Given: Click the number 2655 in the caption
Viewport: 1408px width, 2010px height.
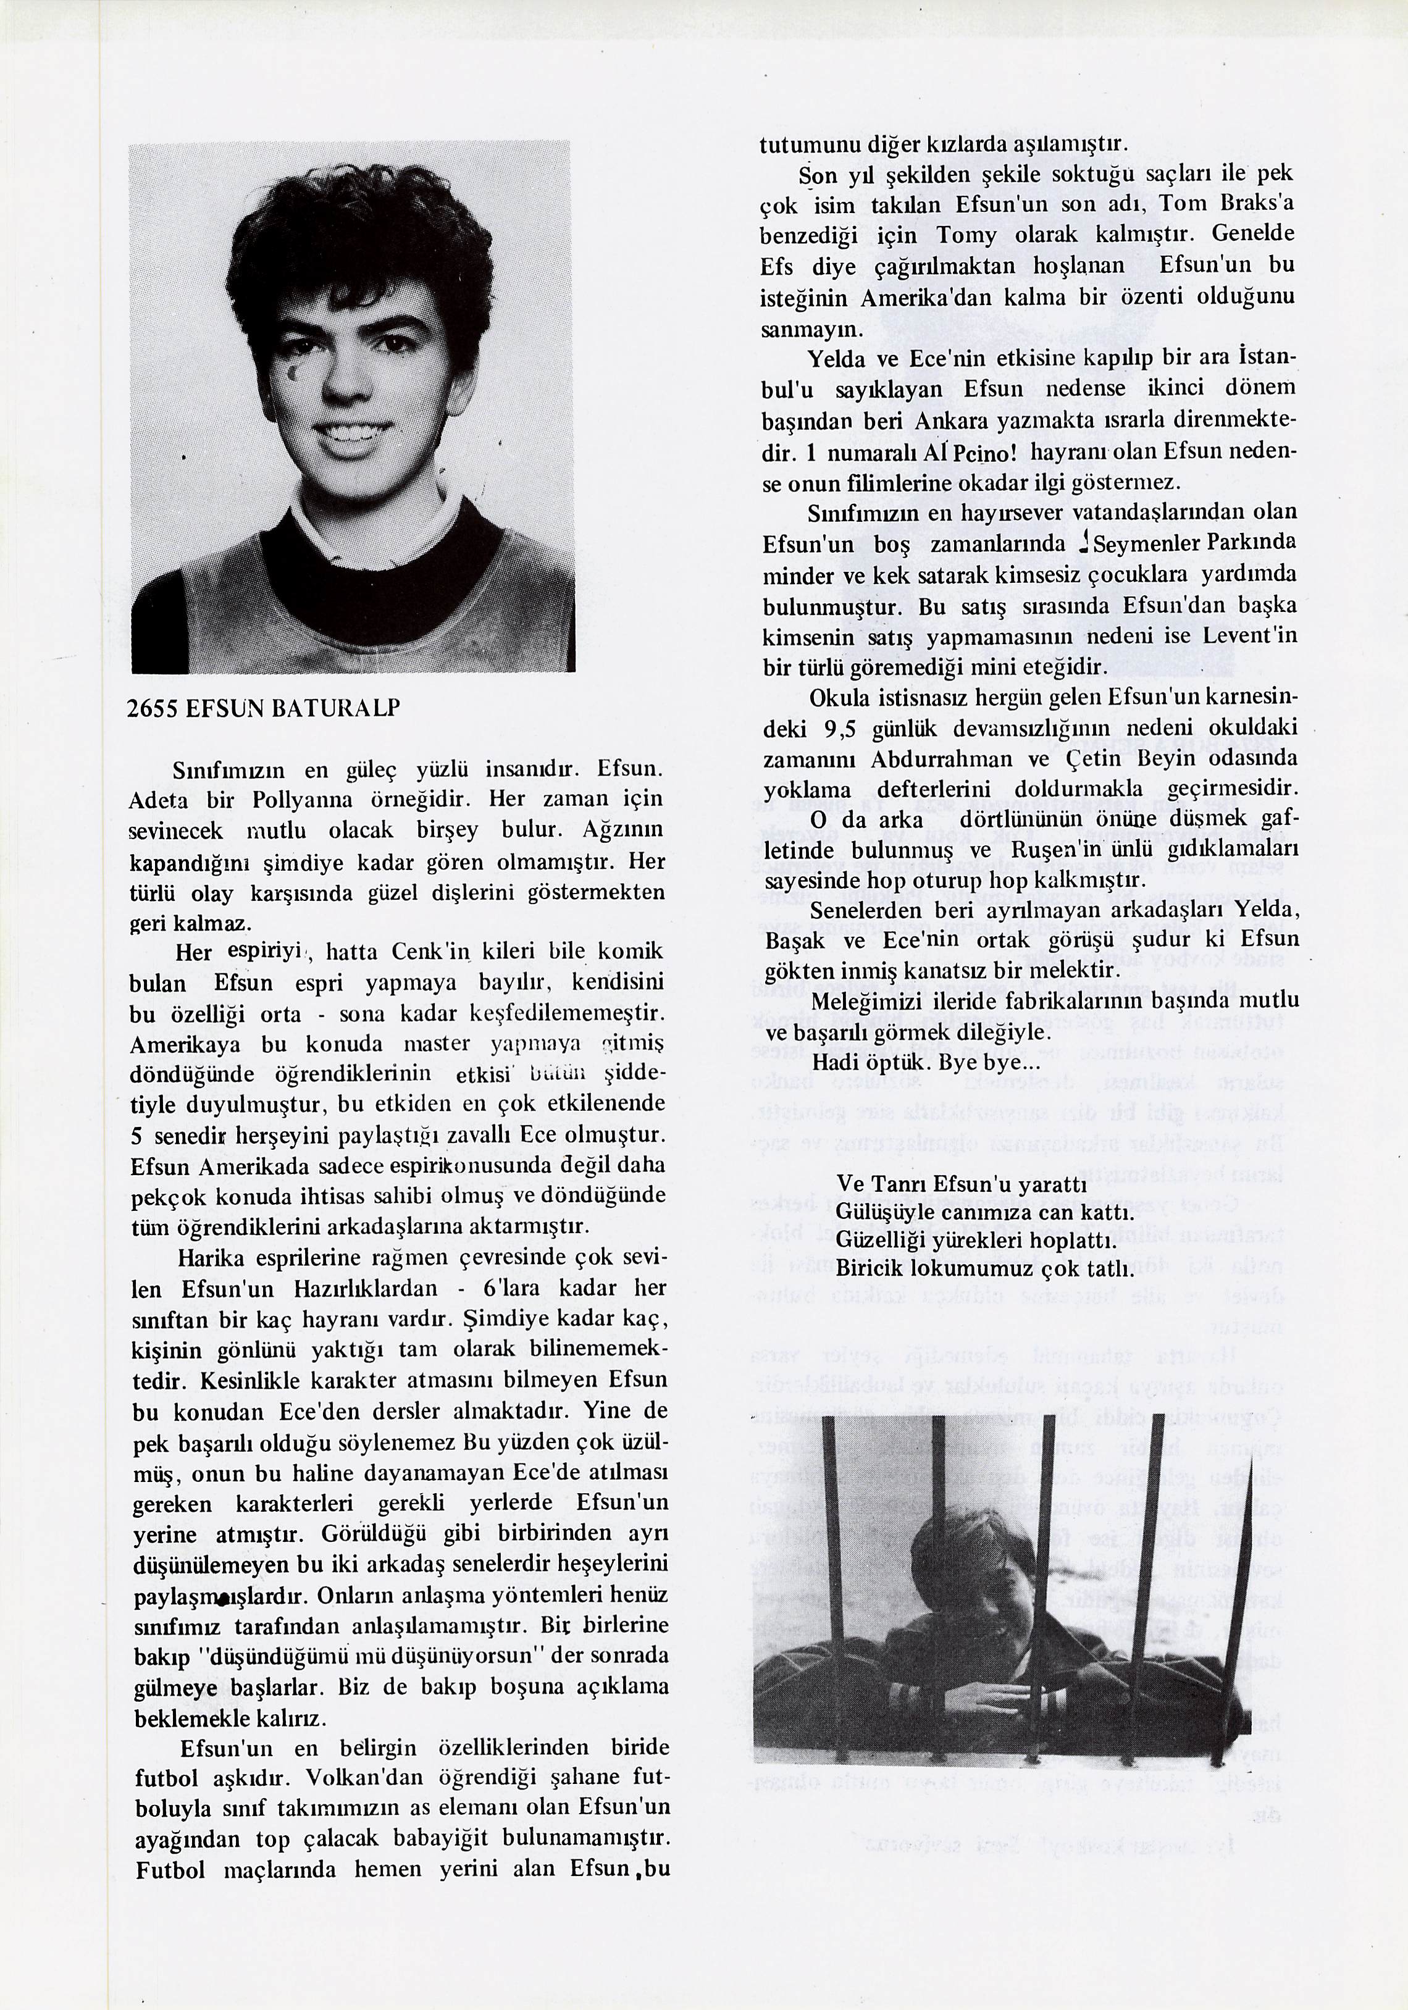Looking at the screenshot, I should pyautogui.click(x=153, y=709).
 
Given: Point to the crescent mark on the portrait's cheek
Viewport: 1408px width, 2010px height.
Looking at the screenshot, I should pyautogui.click(x=294, y=374).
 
